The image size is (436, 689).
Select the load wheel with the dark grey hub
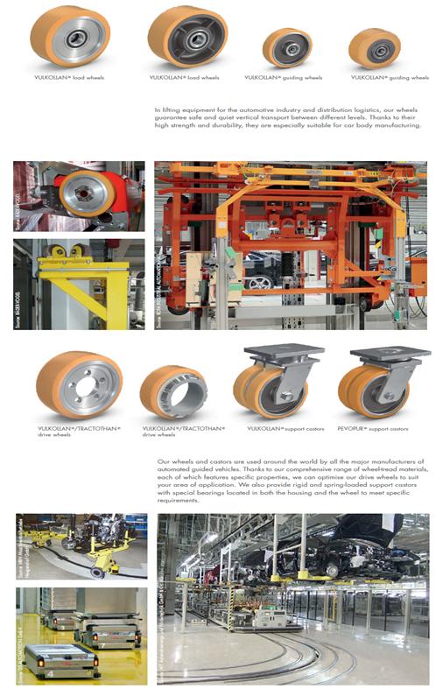pyautogui.click(x=186, y=37)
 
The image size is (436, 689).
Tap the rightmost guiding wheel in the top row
pyautogui.click(x=376, y=48)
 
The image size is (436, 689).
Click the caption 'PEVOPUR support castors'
pyautogui.click(x=376, y=428)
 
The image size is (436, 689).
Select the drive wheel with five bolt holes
pyautogui.click(x=79, y=386)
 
